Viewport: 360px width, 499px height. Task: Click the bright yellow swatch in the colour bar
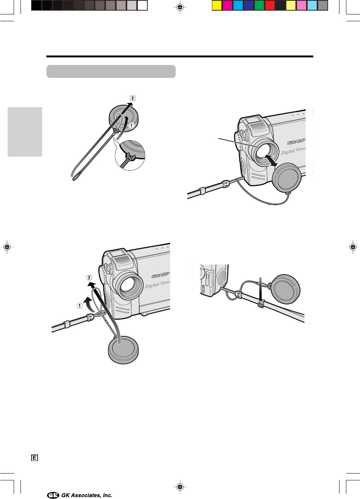216,5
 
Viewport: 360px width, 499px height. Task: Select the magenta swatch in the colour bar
227,5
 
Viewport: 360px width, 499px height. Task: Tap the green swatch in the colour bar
259,5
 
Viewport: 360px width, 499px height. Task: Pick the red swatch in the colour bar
270,5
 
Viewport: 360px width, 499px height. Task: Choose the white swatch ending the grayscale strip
142,5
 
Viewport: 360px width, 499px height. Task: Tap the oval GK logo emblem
53,495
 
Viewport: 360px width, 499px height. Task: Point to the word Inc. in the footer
107,495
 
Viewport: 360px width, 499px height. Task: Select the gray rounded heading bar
111,71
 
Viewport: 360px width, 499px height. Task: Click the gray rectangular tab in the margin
25,131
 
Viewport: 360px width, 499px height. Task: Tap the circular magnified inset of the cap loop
130,155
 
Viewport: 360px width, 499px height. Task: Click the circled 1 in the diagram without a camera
131,126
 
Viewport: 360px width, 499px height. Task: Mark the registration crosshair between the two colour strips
180,7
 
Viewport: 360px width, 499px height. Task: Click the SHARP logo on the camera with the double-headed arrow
296,142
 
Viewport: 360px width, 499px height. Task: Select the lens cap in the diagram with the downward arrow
286,289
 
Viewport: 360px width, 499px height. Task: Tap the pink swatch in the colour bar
302,5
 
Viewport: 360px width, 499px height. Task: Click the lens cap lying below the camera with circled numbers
123,350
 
